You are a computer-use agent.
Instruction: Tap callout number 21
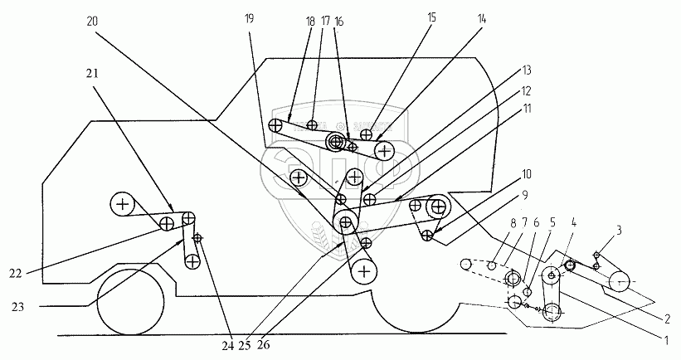tap(91, 72)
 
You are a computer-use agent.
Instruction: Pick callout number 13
tap(528, 71)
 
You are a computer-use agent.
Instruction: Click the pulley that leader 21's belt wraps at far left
tap(122, 203)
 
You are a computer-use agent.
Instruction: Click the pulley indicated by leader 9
tap(426, 236)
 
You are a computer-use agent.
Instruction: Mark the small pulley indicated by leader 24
tap(197, 239)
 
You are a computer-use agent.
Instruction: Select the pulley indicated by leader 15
tap(366, 134)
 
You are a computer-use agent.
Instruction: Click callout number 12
tap(528, 90)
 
